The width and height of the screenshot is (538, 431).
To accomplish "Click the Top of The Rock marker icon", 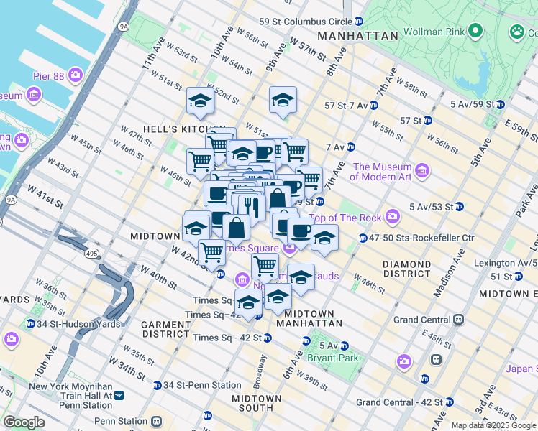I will [x=392, y=215].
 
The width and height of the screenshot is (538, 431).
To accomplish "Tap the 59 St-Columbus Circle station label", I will [x=305, y=22].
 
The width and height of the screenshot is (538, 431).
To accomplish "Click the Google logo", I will [x=24, y=422].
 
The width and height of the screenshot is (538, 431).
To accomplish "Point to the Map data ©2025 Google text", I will [x=493, y=425].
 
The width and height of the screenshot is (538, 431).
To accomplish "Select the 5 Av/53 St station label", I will [x=432, y=207].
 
